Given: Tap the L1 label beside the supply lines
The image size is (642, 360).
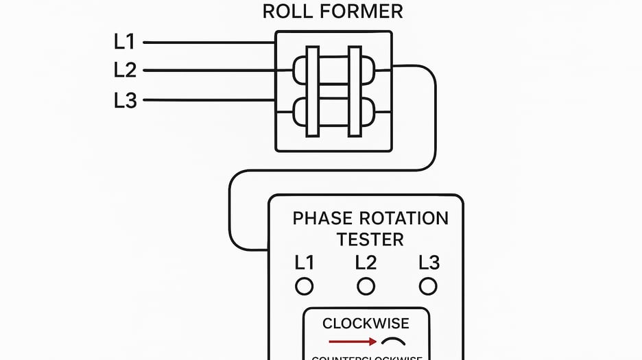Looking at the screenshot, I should click(x=125, y=43).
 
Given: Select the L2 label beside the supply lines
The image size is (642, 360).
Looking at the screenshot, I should click(x=125, y=70).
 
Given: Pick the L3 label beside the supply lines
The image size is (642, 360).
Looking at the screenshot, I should click(x=125, y=101).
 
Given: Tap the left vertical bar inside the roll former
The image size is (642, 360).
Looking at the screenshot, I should click(x=313, y=91).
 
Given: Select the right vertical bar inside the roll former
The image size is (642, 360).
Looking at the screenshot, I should click(x=355, y=91).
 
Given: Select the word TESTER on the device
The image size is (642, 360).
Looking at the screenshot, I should click(x=370, y=239).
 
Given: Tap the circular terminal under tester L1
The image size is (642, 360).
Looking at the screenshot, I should click(x=304, y=286).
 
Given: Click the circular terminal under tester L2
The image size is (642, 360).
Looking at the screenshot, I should click(x=366, y=286).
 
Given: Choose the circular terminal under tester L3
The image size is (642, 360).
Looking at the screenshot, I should click(x=429, y=286).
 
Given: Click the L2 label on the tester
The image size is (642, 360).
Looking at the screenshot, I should click(x=366, y=263).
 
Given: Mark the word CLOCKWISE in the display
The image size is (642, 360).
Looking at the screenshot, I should click(x=366, y=324).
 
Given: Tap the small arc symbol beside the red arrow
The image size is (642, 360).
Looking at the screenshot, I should click(x=393, y=341).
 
